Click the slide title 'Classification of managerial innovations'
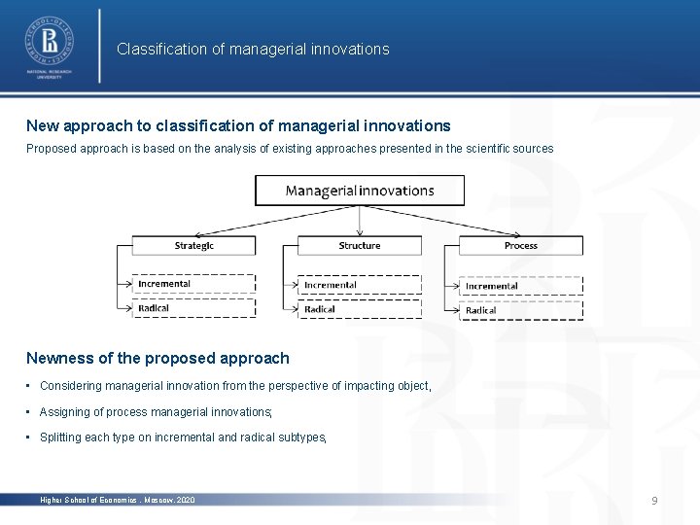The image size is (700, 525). (x=253, y=49)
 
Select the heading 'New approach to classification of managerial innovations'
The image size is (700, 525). (x=238, y=125)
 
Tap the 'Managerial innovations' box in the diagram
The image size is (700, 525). (x=360, y=190)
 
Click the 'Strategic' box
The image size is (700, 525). (x=194, y=246)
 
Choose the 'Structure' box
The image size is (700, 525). (x=360, y=246)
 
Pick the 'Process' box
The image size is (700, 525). (x=521, y=246)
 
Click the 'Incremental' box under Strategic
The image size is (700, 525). (x=194, y=284)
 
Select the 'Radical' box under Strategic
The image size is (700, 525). (x=194, y=308)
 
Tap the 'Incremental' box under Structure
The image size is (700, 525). (x=360, y=285)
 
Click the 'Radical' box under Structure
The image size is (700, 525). (x=360, y=309)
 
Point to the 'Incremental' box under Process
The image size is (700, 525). (x=521, y=286)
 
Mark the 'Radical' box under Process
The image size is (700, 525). (x=521, y=310)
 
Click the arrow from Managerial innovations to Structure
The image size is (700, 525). (x=360, y=221)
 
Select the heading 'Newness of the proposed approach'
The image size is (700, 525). (x=157, y=358)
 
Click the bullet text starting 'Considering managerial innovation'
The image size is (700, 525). (x=234, y=386)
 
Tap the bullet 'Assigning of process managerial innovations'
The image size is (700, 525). (x=156, y=412)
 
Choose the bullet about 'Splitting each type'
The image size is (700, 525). (x=183, y=437)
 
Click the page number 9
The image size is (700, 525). (x=654, y=500)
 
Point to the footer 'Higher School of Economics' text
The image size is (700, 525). (x=117, y=500)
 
